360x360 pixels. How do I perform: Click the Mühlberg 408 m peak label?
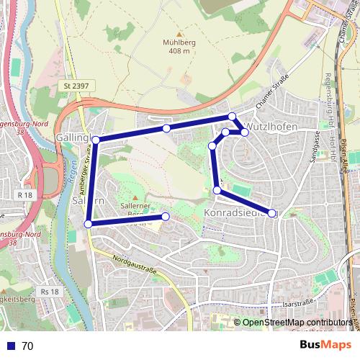[x=180, y=46]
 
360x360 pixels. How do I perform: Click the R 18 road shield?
[x=26, y=194]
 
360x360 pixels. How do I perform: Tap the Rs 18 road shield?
[x=50, y=292]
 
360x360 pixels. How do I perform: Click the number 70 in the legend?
[x=27, y=346]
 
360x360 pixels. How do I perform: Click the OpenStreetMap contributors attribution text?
[x=297, y=323]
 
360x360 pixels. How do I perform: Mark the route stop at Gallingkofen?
[x=95, y=140]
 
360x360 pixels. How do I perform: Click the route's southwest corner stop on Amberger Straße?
[x=89, y=224]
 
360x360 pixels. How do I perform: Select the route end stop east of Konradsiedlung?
[x=272, y=212]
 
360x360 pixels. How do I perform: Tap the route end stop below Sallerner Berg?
[x=166, y=216]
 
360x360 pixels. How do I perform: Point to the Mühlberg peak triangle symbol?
[x=180, y=34]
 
